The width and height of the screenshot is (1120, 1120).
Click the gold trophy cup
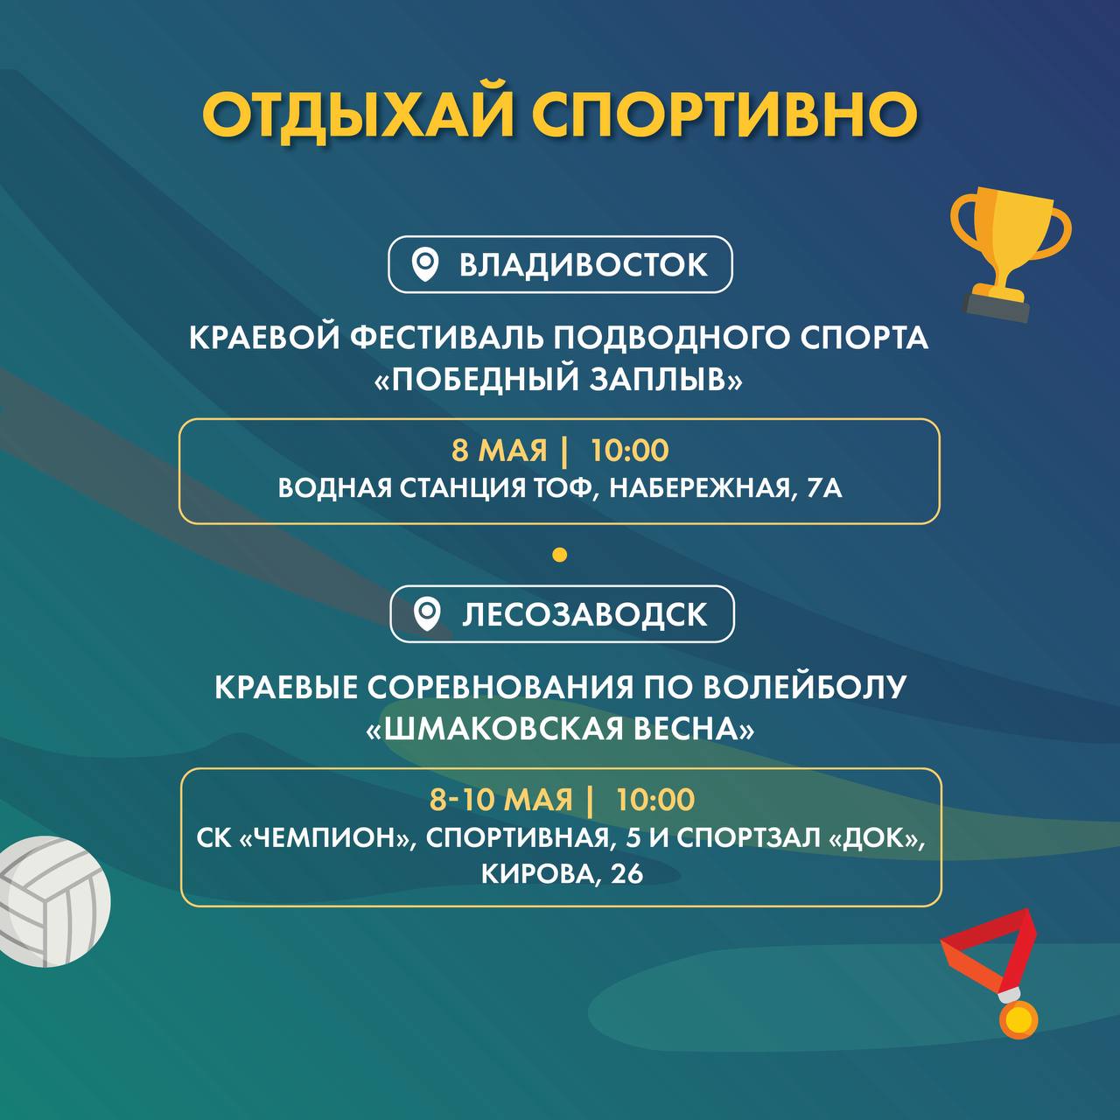click(x=1010, y=254)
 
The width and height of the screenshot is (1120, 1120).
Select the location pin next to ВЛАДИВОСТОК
click(x=425, y=265)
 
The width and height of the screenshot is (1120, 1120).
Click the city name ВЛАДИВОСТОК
click(x=584, y=265)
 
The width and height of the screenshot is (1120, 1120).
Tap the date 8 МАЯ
click(x=500, y=451)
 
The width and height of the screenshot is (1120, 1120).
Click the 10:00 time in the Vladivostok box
click(x=630, y=451)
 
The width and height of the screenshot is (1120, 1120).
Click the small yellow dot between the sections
click(x=560, y=555)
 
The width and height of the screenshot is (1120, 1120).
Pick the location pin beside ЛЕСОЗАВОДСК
click(x=427, y=615)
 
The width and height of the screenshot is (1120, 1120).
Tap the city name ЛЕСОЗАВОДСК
click(x=584, y=615)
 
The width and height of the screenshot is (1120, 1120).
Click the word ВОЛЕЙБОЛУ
click(x=804, y=688)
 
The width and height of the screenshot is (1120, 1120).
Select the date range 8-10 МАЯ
click(x=501, y=800)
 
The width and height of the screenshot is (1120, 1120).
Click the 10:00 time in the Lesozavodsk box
click(x=655, y=800)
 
